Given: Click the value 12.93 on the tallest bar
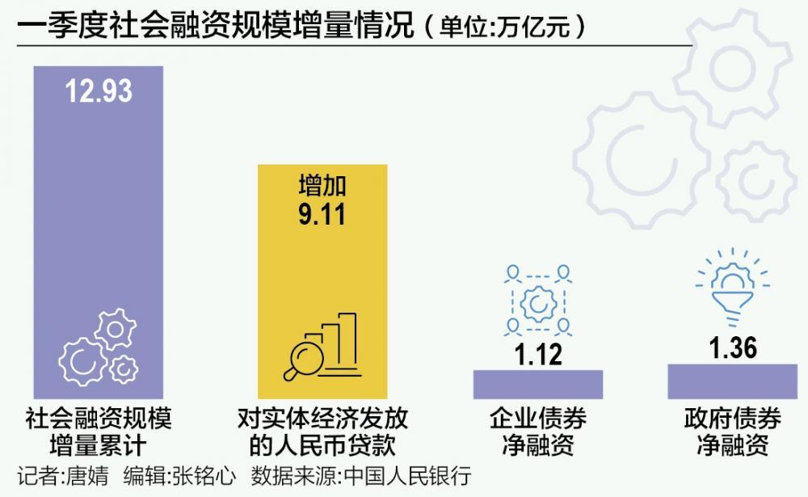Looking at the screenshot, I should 99,91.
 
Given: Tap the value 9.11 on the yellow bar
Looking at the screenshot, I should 322,216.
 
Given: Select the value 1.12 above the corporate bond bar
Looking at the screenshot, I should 538,354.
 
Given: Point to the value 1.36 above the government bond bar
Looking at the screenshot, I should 733,347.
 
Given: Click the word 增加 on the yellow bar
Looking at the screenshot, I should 322,187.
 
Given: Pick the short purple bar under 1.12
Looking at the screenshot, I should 538,384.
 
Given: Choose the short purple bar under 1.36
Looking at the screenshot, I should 733,381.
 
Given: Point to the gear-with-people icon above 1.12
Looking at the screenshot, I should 538,301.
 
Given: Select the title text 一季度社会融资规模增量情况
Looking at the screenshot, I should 214,27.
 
